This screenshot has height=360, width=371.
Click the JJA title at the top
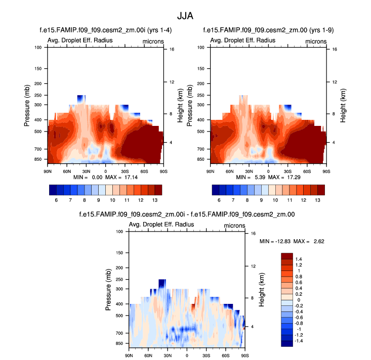pos(185,16)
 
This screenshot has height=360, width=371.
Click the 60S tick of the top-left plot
pos(144,171)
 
